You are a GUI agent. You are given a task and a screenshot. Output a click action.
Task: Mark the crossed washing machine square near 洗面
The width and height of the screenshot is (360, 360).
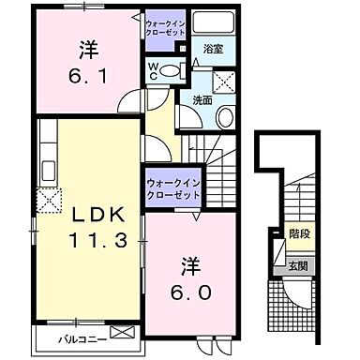[x=223, y=82]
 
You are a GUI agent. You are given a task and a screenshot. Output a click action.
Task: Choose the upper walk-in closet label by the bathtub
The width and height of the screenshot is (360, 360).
[x=169, y=23]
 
